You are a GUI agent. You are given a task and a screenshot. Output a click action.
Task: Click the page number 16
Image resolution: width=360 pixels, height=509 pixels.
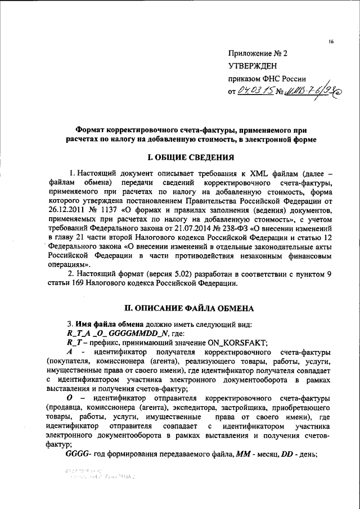[331, 42]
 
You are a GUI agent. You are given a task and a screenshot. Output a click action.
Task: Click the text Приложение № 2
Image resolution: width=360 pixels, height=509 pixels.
[257, 55]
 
